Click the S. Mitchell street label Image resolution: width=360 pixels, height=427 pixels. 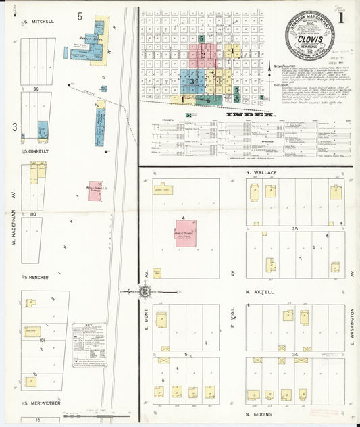(x=39, y=22)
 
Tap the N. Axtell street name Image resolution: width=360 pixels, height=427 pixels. (x=260, y=293)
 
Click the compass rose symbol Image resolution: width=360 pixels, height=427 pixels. (x=144, y=291)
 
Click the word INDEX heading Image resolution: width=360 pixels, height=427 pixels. (x=250, y=115)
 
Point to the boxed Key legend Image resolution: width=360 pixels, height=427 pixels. (x=89, y=344)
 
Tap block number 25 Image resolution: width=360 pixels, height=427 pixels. (x=294, y=230)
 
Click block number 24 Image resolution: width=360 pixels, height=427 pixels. (x=294, y=355)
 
